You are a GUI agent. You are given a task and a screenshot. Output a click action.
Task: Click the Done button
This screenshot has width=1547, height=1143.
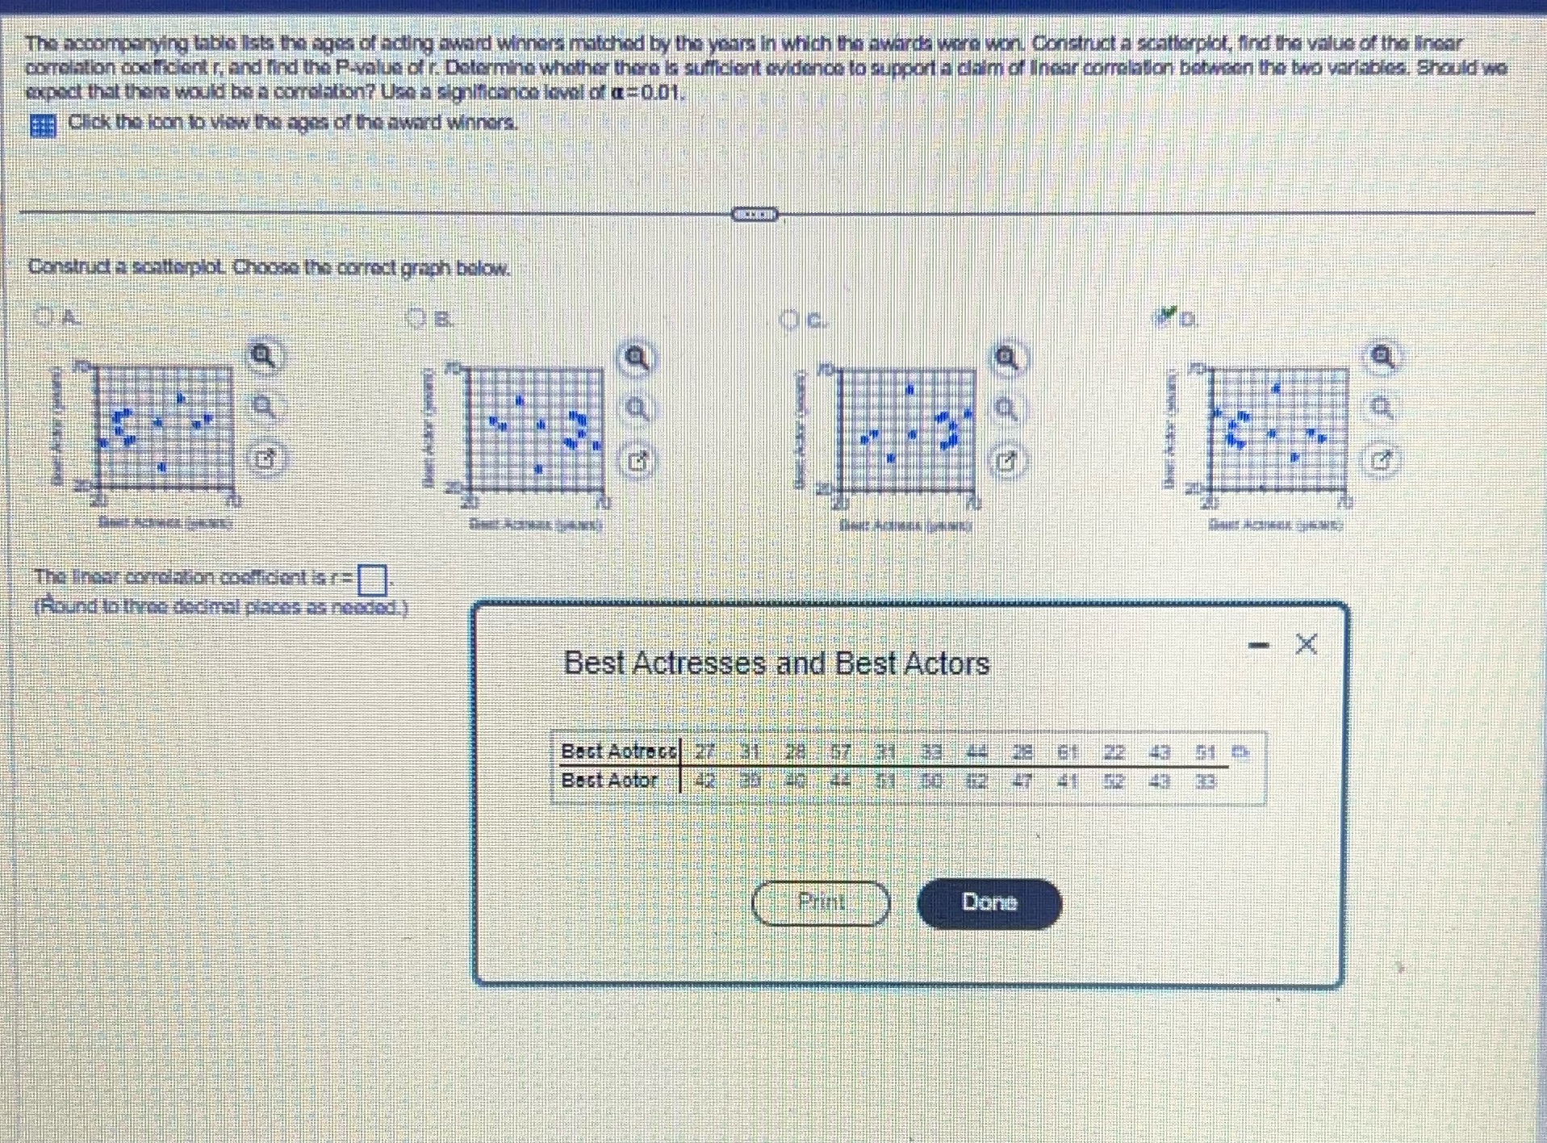point(989,902)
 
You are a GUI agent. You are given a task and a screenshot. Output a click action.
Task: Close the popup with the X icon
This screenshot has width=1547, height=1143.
point(1306,644)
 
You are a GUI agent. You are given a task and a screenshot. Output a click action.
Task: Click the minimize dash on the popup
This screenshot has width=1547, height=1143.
point(1258,645)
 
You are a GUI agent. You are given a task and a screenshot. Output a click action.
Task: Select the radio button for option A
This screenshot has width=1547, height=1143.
point(45,317)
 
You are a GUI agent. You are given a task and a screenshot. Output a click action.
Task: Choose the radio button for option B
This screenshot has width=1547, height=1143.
point(416,319)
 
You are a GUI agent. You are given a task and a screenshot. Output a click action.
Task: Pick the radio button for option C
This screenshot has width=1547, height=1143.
point(789,320)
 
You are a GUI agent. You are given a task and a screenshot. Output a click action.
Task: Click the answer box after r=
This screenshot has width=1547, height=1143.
point(372,579)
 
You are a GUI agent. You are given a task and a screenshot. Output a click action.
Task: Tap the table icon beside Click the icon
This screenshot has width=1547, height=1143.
point(43,126)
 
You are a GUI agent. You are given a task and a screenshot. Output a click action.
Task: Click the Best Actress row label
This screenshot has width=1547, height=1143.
point(618,752)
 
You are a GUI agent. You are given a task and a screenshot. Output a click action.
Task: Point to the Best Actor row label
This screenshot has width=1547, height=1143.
point(609,781)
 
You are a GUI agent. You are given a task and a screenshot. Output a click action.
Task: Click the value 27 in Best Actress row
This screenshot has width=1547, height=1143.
point(705,752)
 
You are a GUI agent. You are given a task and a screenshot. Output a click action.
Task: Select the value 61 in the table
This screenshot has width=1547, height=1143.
point(1068,752)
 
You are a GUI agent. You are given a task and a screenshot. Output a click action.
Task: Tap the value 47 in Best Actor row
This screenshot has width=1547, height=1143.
point(1022,781)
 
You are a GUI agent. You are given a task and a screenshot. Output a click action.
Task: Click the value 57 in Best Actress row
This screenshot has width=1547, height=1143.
point(841,752)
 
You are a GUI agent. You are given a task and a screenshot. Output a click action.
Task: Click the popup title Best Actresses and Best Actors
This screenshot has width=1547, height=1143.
point(776,664)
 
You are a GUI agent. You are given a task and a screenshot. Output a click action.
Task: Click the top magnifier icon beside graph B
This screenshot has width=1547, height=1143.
point(637,358)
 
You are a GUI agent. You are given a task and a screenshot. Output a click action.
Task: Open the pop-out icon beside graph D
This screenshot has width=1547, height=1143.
point(1382,460)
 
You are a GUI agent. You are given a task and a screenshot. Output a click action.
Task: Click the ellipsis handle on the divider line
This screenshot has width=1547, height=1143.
point(755,215)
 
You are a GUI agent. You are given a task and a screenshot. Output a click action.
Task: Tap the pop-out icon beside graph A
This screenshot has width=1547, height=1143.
point(265,458)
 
